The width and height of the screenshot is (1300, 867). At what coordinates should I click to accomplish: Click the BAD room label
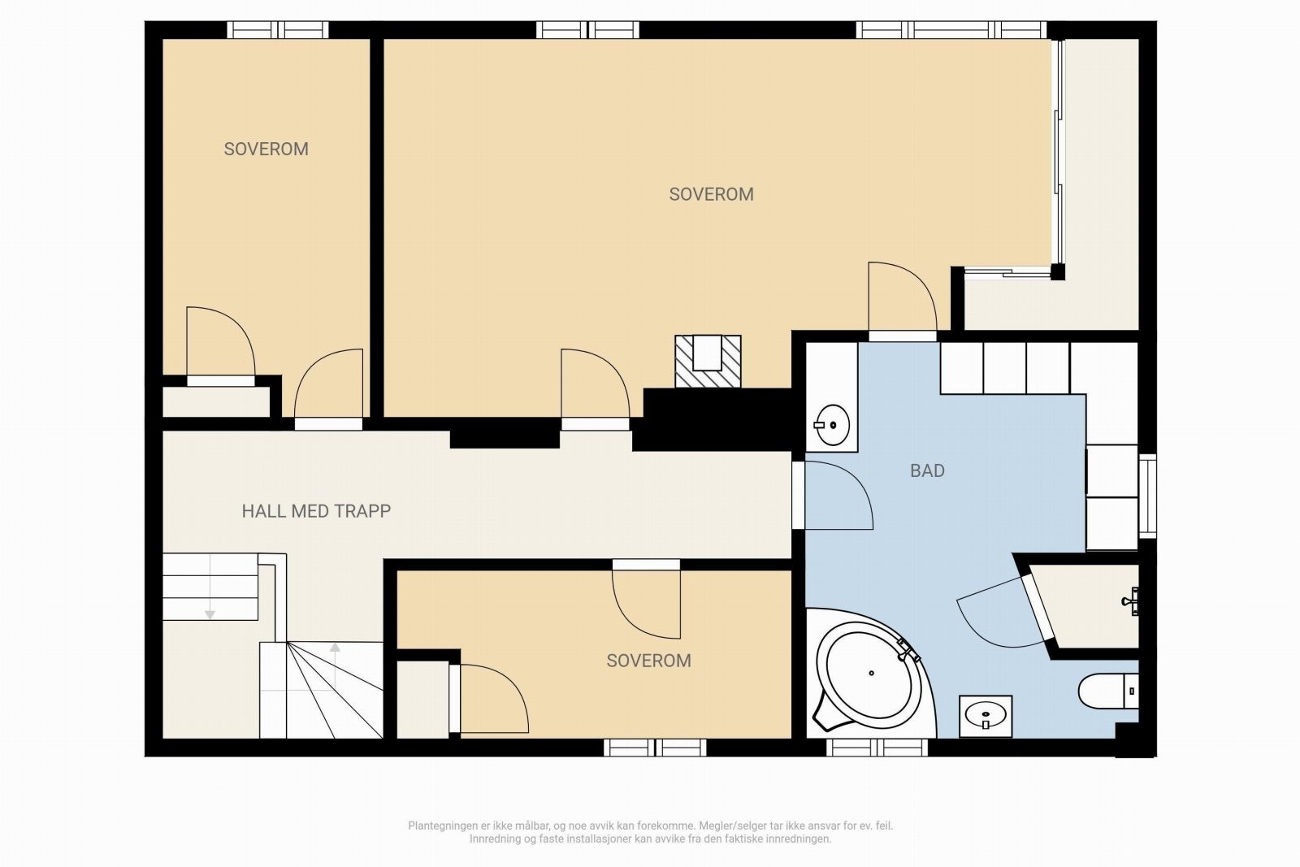point(927,470)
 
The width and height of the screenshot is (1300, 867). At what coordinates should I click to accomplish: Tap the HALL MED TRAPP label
point(316,511)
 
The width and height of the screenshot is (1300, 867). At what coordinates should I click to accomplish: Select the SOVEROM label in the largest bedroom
point(711,194)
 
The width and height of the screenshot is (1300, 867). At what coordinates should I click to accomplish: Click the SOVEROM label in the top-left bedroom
point(266,150)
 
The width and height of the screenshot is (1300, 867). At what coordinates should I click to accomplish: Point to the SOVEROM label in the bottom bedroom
point(648,661)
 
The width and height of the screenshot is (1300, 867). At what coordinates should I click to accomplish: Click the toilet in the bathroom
point(1108,691)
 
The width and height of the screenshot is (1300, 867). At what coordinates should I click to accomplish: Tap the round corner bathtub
point(870,673)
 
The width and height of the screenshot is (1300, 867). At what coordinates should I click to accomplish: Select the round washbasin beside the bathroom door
point(832,425)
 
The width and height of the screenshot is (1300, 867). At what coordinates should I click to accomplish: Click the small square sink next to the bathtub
point(986,716)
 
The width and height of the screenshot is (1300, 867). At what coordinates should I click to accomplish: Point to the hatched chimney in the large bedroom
point(708,361)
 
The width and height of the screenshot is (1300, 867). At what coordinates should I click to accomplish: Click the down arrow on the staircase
point(210,614)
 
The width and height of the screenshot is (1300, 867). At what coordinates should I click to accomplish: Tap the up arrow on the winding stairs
point(335,648)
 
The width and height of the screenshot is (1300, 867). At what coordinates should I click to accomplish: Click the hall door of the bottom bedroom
point(646,599)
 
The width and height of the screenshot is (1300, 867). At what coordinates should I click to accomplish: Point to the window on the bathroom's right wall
point(1147,496)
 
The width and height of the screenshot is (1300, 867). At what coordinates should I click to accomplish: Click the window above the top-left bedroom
point(277,29)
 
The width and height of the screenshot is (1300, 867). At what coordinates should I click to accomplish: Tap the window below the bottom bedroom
point(655,748)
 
